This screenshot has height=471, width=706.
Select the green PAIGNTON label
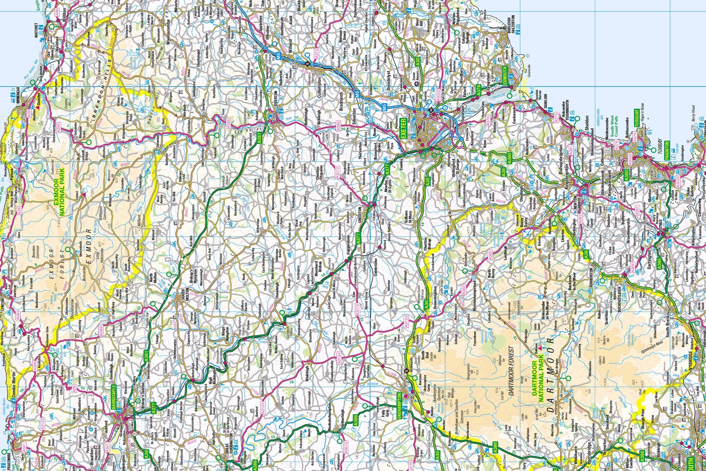click(666, 151)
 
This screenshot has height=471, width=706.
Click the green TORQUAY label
click(637, 118)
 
